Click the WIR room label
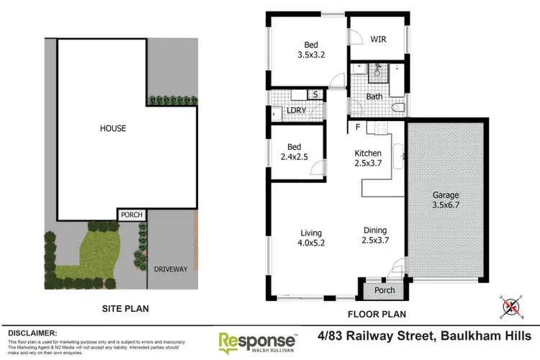point(379,40)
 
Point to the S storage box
point(314,94)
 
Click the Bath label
point(374,96)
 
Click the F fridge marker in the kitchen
point(357,128)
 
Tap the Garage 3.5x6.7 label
point(446,200)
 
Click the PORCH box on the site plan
point(131,215)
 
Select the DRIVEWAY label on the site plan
point(171,269)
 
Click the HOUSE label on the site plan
point(112,129)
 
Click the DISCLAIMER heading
point(32,333)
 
